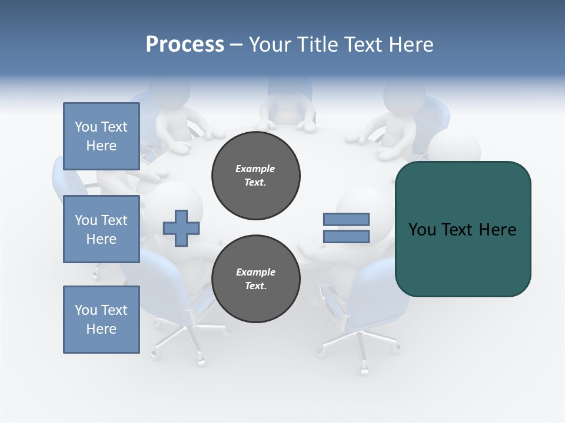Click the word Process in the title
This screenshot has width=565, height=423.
coord(185,44)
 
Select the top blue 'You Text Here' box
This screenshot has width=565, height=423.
coord(101,136)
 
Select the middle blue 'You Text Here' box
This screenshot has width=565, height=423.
coord(101,229)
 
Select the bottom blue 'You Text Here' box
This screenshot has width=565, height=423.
coord(101,320)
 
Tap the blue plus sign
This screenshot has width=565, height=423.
coord(181,228)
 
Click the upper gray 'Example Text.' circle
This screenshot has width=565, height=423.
coord(256,176)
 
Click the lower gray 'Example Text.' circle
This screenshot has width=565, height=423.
coord(256,279)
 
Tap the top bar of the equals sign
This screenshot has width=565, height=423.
coord(346,220)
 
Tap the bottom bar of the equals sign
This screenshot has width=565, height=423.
coord(346,237)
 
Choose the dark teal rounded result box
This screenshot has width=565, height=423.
coord(463,258)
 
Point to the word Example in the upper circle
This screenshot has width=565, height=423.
coord(255,169)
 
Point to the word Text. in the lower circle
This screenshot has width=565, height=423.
coord(255,286)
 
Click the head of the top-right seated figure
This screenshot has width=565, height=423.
coord(404,94)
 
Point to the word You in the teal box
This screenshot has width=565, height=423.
coord(422,230)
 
